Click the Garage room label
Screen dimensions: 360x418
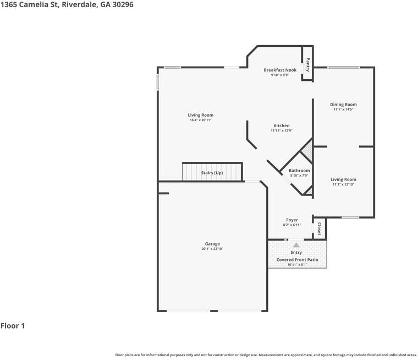[x=212, y=244]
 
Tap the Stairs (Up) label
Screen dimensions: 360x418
[x=212, y=173]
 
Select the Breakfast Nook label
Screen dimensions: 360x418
[x=280, y=70]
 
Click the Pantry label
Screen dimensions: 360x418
[x=307, y=64]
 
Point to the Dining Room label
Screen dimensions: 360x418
[x=343, y=105]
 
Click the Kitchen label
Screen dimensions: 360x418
[x=281, y=126]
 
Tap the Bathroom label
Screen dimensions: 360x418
[x=299, y=171]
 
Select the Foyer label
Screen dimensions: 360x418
[x=291, y=220]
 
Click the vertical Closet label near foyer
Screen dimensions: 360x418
[x=320, y=228]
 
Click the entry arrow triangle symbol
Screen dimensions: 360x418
[x=296, y=245]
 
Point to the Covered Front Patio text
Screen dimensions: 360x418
[x=297, y=259]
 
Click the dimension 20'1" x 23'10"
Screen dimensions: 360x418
[x=212, y=249]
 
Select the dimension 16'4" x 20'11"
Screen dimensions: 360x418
[x=200, y=120]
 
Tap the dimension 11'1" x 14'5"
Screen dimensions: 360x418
[x=343, y=110]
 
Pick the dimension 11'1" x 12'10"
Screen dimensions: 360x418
[x=343, y=184]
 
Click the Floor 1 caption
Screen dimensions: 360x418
[x=13, y=326]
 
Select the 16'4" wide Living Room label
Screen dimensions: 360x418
[x=200, y=115]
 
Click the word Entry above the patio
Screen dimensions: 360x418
[x=296, y=253]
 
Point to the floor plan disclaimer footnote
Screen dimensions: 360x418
[x=266, y=355]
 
